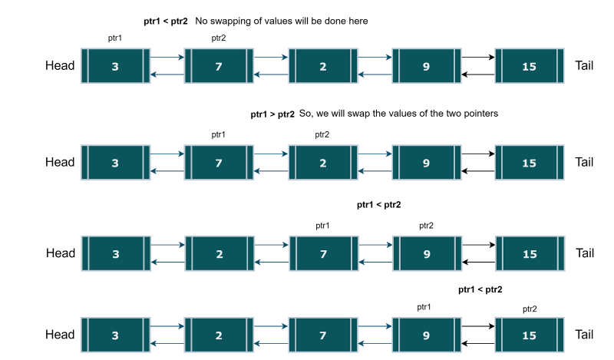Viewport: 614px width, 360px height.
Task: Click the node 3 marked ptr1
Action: (x=115, y=67)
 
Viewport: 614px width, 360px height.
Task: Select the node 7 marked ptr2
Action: (x=219, y=67)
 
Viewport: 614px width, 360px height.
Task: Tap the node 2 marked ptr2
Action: (x=323, y=163)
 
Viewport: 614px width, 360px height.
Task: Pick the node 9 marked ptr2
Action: (x=426, y=253)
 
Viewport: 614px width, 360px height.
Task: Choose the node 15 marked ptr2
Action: (x=529, y=335)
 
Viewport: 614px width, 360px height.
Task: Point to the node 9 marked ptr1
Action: (x=426, y=335)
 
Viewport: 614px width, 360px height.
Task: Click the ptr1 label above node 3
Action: (x=117, y=38)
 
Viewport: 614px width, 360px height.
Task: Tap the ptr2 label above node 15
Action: (x=530, y=309)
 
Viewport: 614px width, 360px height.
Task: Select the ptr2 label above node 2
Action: (x=323, y=134)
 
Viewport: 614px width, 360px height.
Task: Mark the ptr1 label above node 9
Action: (x=424, y=307)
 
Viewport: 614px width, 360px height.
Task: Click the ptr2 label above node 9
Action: (x=427, y=225)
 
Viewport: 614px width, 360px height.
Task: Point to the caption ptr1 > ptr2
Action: (x=272, y=114)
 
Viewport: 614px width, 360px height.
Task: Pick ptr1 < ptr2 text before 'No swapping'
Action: (x=166, y=21)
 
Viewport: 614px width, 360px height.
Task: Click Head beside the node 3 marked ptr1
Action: (x=60, y=66)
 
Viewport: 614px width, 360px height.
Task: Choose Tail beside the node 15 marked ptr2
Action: (x=585, y=335)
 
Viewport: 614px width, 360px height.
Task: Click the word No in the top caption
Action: (x=202, y=21)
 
